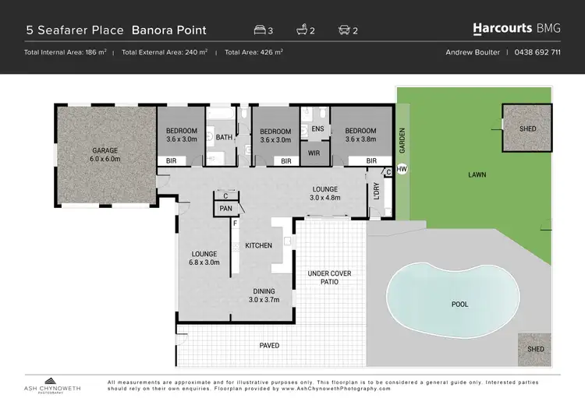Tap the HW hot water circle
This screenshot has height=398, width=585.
click(402, 169)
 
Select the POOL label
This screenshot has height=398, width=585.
click(460, 304)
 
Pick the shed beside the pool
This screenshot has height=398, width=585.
click(534, 349)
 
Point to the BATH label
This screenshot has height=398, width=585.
click(225, 138)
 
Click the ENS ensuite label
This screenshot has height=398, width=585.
click(317, 129)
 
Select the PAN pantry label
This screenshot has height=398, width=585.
click(225, 209)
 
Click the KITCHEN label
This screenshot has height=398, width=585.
click(259, 245)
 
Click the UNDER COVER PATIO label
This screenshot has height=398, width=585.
click(328, 276)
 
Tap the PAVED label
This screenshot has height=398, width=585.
click(269, 345)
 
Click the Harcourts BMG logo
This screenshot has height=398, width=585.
click(516, 29)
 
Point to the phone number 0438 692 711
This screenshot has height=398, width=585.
click(539, 52)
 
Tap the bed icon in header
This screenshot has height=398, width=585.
click(260, 30)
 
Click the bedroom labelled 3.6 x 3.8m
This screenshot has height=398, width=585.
click(360, 135)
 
